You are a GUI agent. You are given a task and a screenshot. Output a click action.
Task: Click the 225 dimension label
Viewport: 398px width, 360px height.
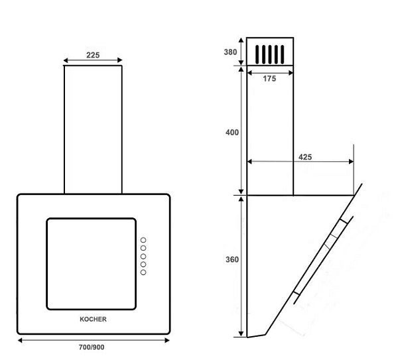coord(93,55)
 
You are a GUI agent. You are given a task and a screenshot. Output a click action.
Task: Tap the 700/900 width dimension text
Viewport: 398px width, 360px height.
coord(92,347)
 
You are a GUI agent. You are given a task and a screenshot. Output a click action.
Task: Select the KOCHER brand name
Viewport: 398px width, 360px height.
coord(93,319)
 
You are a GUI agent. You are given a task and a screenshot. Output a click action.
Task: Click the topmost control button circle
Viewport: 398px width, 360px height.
coord(143,240)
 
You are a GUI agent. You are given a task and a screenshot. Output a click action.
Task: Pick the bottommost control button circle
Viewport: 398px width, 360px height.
coord(143,272)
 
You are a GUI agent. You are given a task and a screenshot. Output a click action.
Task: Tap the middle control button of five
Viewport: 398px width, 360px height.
coord(143,256)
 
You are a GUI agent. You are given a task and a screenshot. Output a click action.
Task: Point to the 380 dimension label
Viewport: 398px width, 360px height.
coord(230,52)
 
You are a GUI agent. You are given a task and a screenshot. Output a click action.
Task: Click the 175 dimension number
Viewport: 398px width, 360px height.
coord(269,79)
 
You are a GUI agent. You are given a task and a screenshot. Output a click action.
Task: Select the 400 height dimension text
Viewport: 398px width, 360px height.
coord(232,133)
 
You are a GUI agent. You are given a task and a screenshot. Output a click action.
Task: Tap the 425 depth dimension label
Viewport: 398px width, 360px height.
coord(305,157)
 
